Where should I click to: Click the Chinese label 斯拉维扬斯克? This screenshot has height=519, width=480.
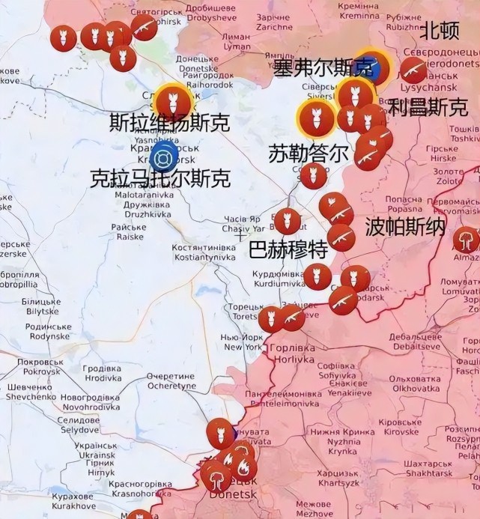pyautogui.click(x=169, y=122)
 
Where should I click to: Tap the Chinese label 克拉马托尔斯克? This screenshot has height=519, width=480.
pyautogui.click(x=160, y=178)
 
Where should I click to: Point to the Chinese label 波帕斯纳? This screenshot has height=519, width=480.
pyautogui.click(x=405, y=227)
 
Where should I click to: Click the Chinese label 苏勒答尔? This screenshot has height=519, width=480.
pyautogui.click(x=308, y=154)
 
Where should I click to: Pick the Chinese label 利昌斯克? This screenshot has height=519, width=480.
pyautogui.click(x=428, y=106)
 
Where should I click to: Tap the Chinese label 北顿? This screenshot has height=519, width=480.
pyautogui.click(x=439, y=31)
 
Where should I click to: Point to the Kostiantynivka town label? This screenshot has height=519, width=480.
pyautogui.click(x=204, y=252)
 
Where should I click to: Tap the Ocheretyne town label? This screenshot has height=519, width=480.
pyautogui.click(x=170, y=381)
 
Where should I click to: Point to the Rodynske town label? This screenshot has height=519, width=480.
pyautogui.click(x=49, y=331)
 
